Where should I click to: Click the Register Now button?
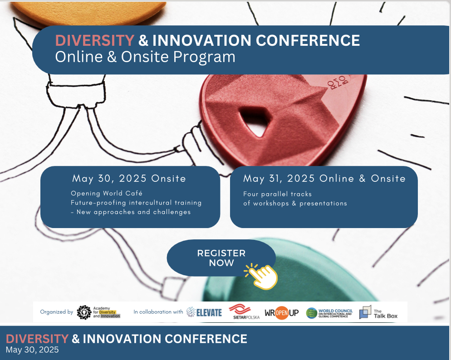(221, 258)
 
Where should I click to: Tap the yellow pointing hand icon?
(262, 275)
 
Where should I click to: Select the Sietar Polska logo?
(244, 312)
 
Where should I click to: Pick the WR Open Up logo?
(281, 313)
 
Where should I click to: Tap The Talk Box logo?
(378, 312)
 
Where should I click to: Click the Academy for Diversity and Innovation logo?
(98, 312)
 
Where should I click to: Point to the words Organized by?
(56, 312)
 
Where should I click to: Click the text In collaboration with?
(158, 312)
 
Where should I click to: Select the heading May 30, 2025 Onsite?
(129, 179)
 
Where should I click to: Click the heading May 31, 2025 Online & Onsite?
(324, 179)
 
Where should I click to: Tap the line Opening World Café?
(107, 194)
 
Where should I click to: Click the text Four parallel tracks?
(277, 194)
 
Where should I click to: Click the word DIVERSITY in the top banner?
(94, 41)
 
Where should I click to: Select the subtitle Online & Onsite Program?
(145, 57)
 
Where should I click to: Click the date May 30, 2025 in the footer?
(32, 350)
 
